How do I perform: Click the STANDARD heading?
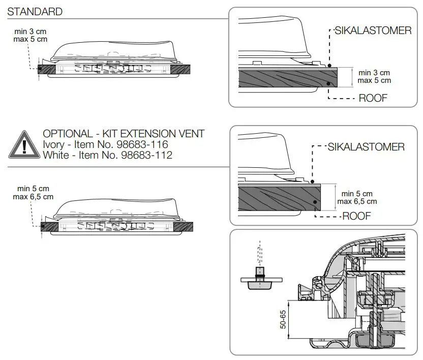(x=35, y=12)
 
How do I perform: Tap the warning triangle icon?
(x=23, y=144)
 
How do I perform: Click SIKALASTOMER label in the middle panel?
(x=367, y=147)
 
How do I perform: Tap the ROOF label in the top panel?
(x=373, y=98)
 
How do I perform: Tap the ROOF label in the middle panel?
(x=356, y=216)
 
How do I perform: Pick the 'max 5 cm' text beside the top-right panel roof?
(x=374, y=80)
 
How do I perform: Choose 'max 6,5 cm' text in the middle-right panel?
(x=357, y=201)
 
